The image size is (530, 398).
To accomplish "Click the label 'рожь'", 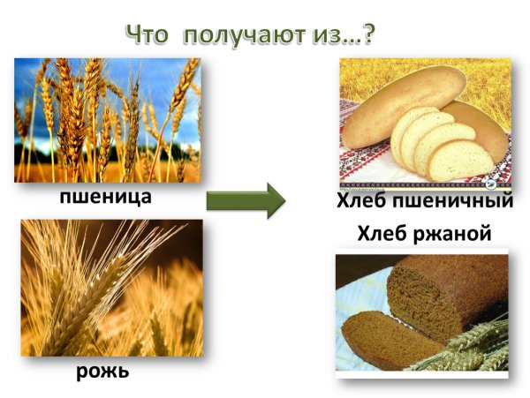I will (102, 371).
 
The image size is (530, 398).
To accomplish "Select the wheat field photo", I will (107, 120).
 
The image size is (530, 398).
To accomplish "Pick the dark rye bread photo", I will (425, 313).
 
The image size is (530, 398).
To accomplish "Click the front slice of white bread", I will (458, 158).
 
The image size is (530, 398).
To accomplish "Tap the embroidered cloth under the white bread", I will (371, 168).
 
